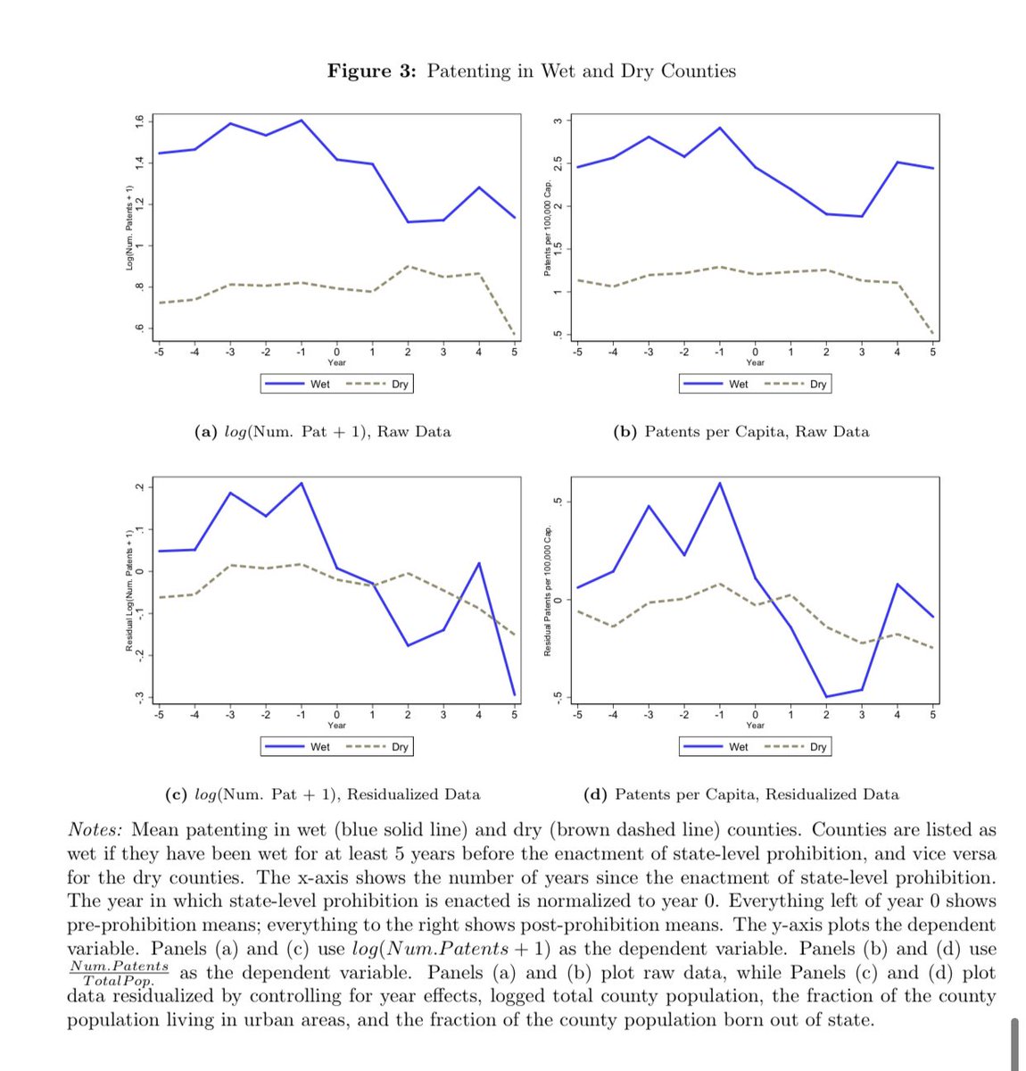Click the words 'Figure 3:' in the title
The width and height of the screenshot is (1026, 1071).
click(x=371, y=71)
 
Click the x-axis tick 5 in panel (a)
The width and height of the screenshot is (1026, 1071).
click(x=514, y=353)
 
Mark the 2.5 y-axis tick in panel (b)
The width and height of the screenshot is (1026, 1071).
click(x=557, y=163)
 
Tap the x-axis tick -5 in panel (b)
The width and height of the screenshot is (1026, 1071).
click(x=577, y=353)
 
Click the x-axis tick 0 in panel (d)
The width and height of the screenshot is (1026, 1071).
click(x=755, y=715)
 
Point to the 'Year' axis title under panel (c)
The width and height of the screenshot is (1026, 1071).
click(x=336, y=726)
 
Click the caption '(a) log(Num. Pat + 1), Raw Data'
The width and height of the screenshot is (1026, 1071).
click(x=323, y=432)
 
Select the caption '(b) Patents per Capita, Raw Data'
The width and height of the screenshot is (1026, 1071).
click(x=741, y=432)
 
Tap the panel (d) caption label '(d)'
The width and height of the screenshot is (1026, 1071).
click(x=595, y=794)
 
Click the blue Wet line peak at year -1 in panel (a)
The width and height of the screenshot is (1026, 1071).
click(x=302, y=120)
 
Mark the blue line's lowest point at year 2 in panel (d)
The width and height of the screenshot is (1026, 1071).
click(x=826, y=696)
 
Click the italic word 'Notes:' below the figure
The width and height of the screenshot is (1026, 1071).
click(x=95, y=830)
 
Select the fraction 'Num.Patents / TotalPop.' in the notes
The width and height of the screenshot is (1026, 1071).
click(x=119, y=973)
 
